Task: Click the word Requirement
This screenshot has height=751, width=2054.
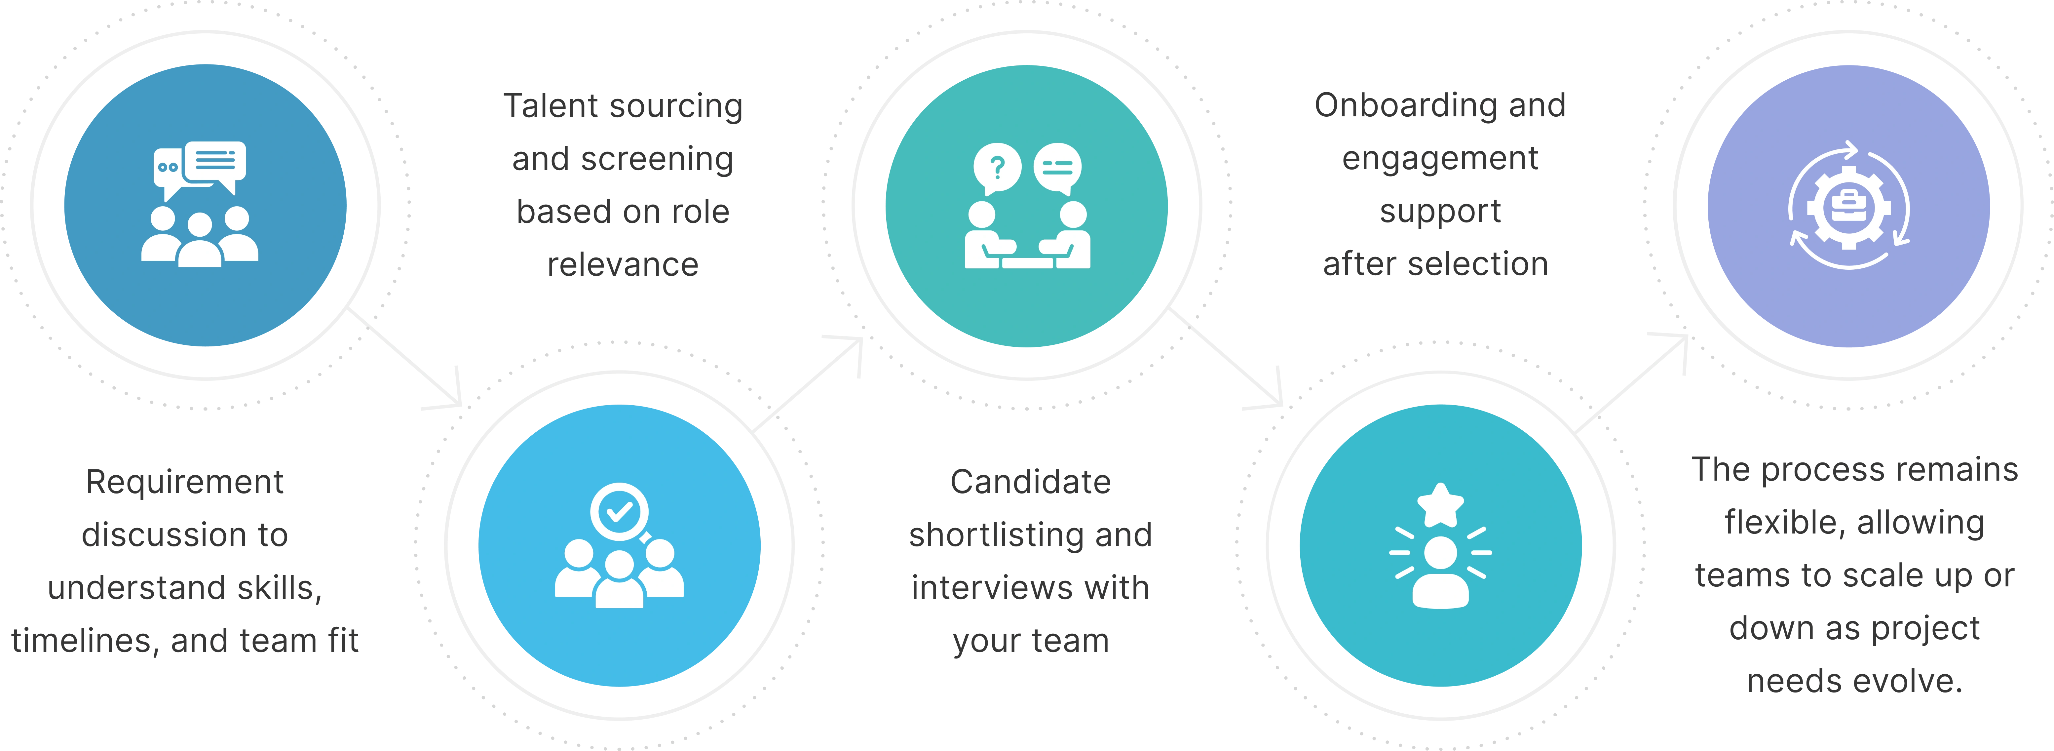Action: (x=185, y=482)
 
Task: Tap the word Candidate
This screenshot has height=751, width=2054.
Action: (x=1030, y=482)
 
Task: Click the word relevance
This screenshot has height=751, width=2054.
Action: (x=622, y=265)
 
